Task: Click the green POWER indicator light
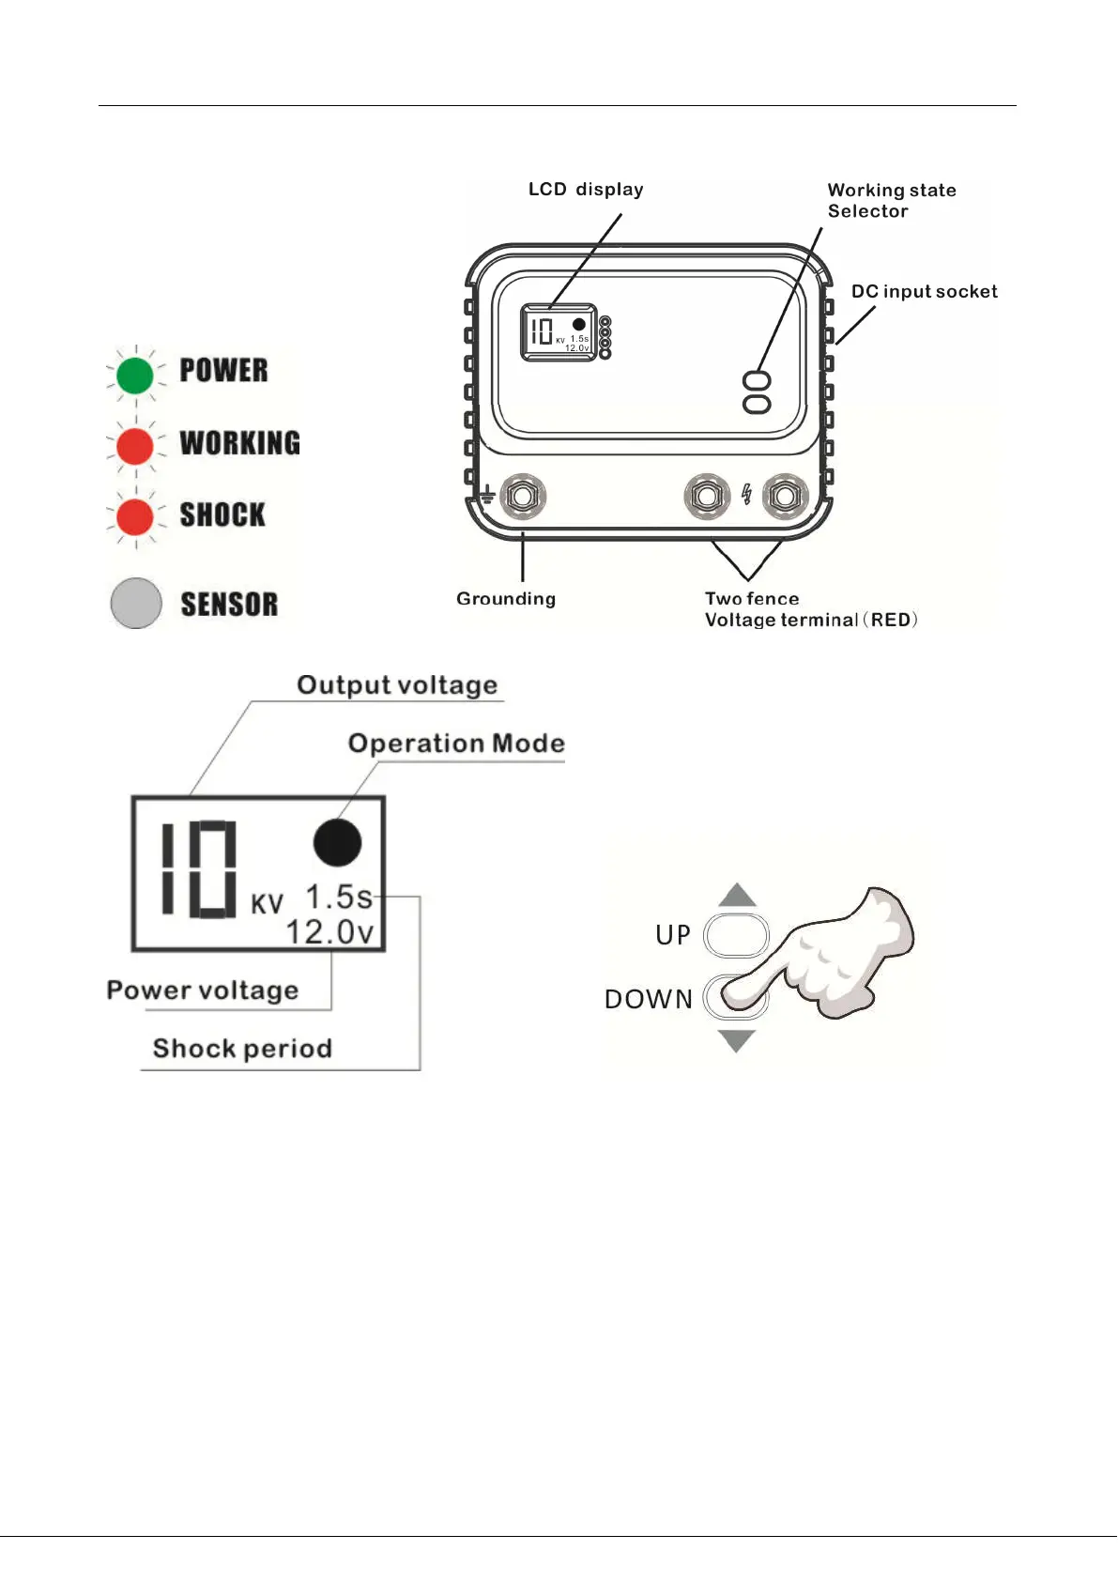[x=135, y=376]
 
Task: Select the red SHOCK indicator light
[x=135, y=516]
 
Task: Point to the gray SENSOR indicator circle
[x=136, y=603]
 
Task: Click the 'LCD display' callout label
[x=586, y=190]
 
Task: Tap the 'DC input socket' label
[x=924, y=292]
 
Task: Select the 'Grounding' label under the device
[x=506, y=599]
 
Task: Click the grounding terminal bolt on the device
[x=522, y=496]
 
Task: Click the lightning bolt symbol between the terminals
[x=747, y=494]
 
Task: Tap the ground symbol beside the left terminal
[x=488, y=494]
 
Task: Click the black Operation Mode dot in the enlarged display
[x=337, y=842]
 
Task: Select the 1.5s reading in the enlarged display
[x=339, y=898]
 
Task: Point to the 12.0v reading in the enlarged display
[x=329, y=932]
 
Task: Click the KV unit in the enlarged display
[x=267, y=904]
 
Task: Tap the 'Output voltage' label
[x=397, y=685]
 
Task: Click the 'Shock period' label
[x=242, y=1049]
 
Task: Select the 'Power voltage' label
[x=203, y=990]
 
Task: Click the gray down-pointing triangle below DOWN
[x=737, y=1040]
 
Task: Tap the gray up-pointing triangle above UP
[x=738, y=896]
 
